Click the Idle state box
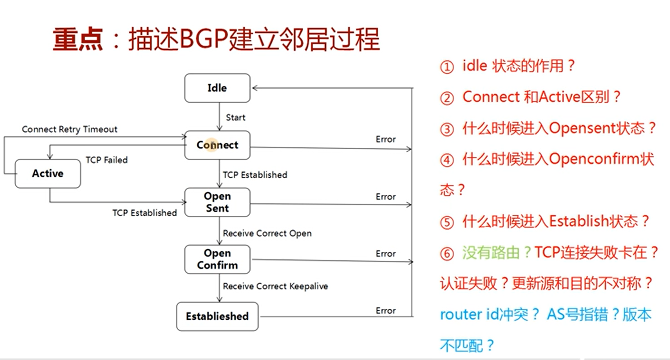[x=217, y=88]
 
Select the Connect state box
[x=217, y=145]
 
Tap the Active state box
[x=48, y=174]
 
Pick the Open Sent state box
[x=217, y=202]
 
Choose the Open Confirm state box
[x=217, y=259]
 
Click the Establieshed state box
[x=217, y=316]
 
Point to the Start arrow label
[x=236, y=118]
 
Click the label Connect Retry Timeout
[x=70, y=129]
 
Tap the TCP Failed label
[x=107, y=160]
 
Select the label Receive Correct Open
[x=267, y=233]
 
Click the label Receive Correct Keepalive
[x=275, y=286]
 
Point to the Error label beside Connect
[x=385, y=139]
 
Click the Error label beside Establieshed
[x=385, y=311]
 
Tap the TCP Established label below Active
[x=145, y=213]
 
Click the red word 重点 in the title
[x=78, y=40]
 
